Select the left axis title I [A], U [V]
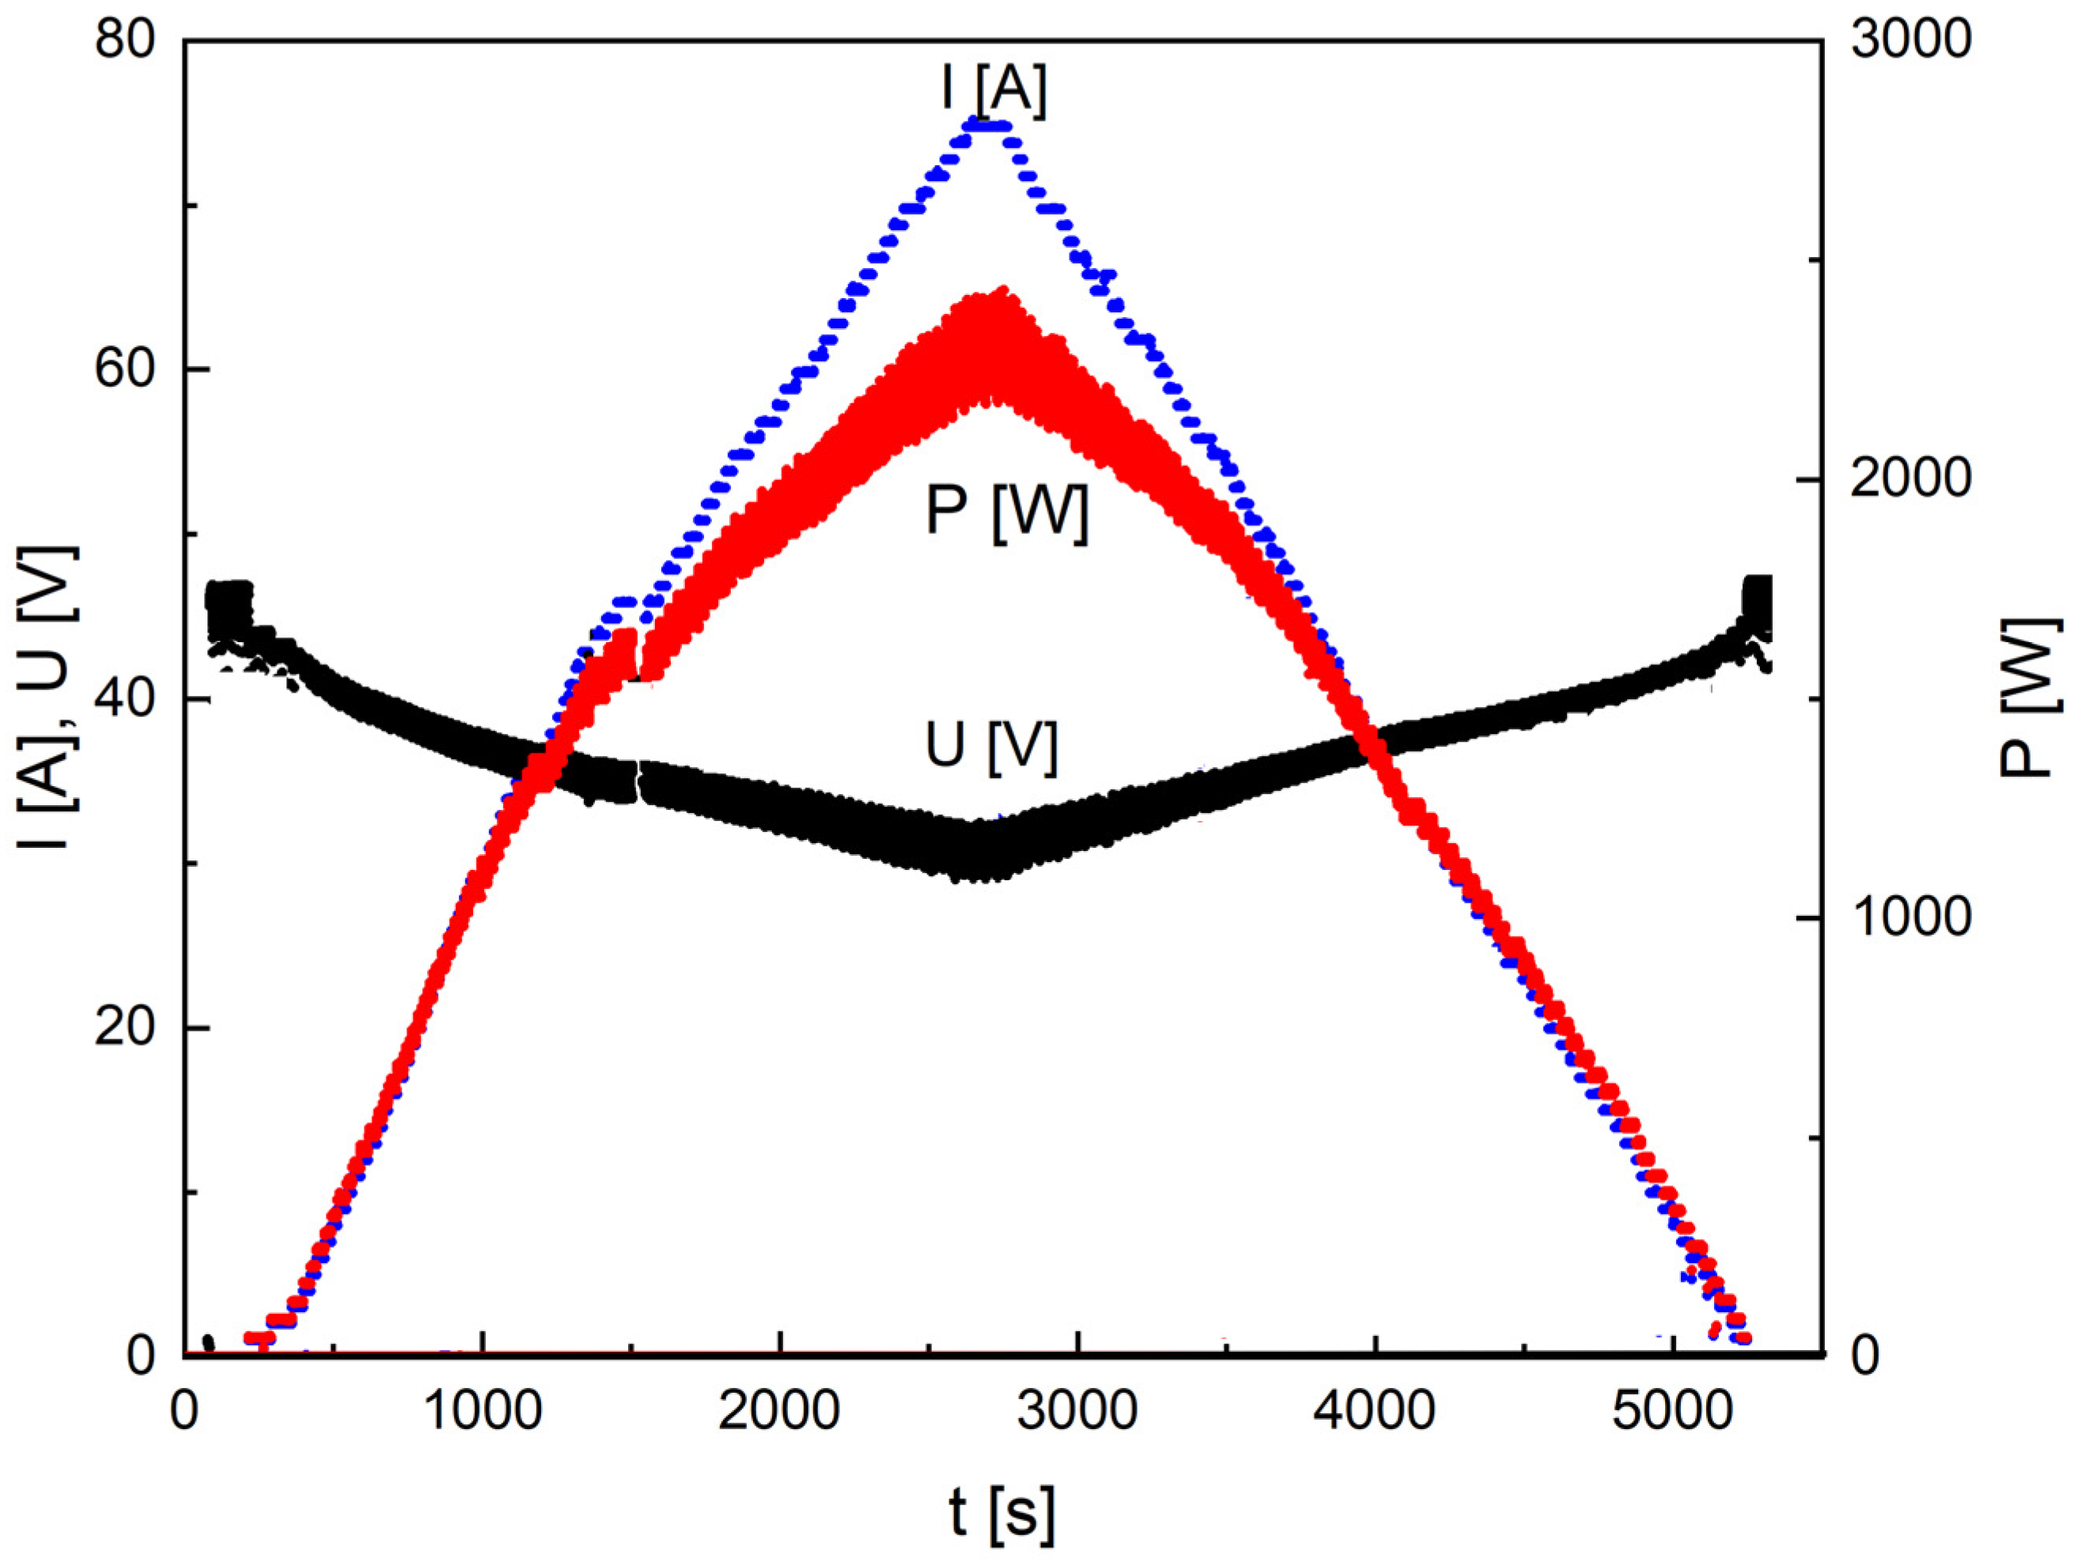click(47, 698)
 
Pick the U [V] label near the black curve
click(992, 747)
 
